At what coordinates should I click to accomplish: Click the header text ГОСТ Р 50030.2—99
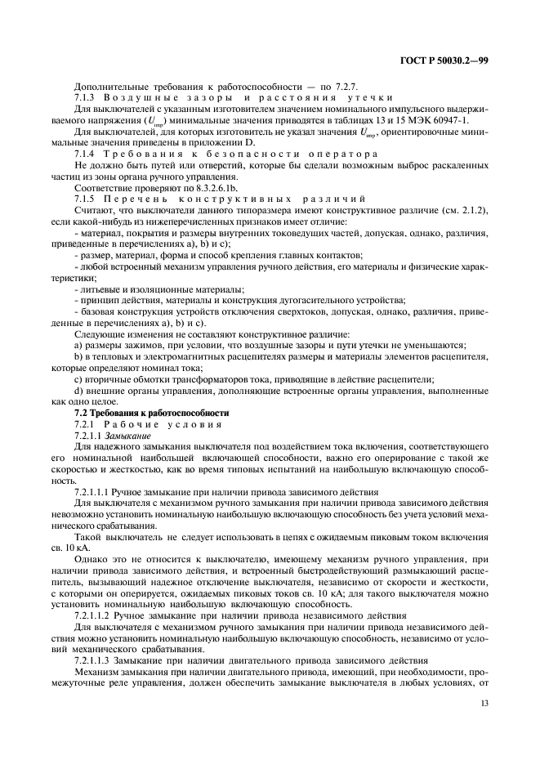coord(444,61)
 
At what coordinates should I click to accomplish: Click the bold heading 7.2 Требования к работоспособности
coord(152,414)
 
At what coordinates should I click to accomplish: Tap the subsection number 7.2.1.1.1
coord(96,492)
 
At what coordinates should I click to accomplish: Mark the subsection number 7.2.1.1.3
coord(96,659)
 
